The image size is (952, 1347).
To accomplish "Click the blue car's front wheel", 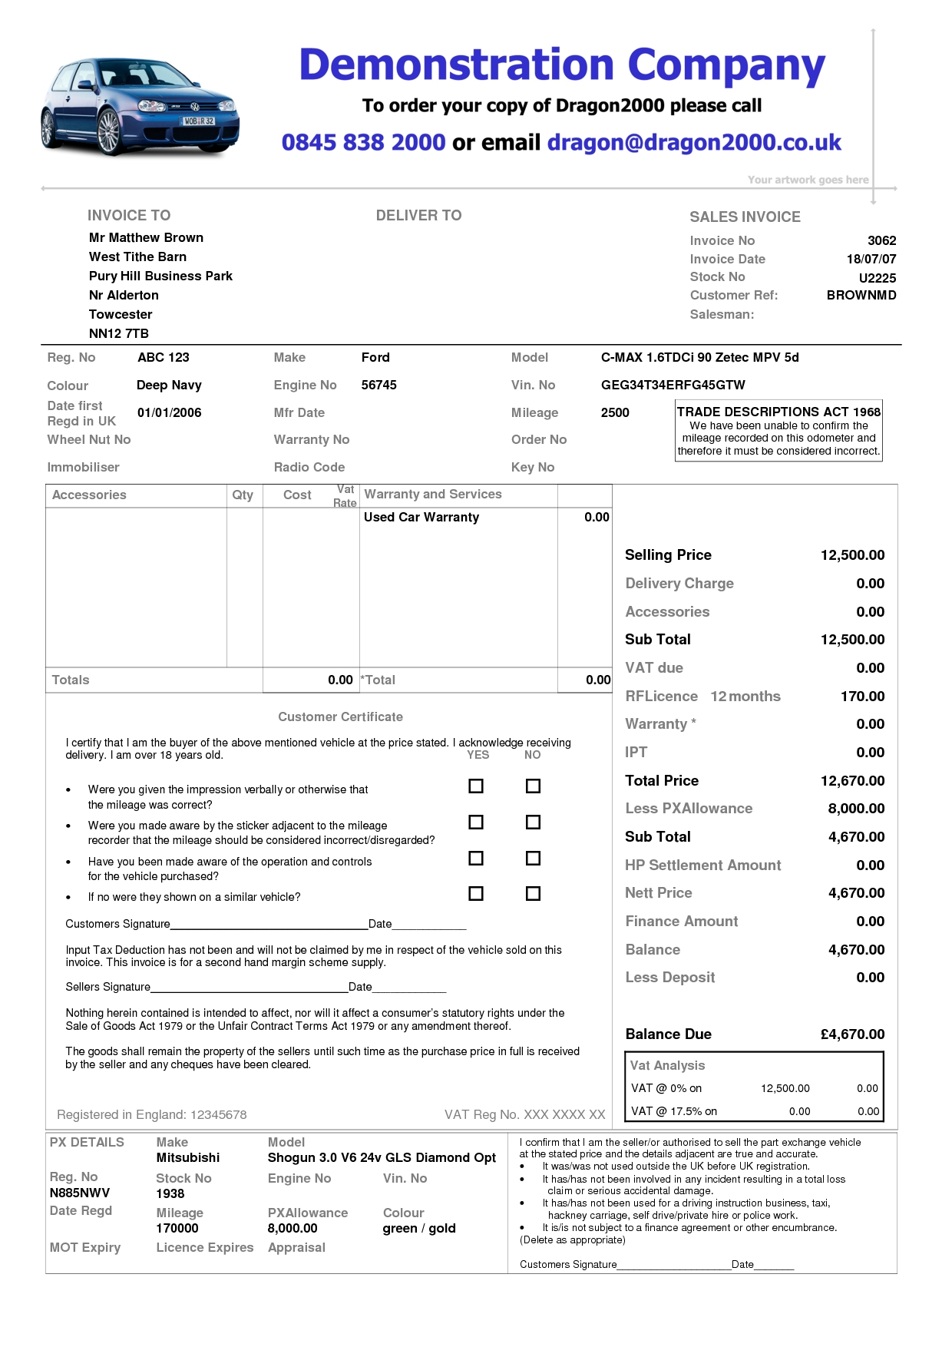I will point(108,131).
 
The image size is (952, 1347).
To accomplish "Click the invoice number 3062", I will point(881,240).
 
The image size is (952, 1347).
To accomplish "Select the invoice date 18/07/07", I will point(871,259).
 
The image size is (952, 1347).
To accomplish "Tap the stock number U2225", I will point(877,278).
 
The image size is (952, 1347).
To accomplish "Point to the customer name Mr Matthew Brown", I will point(146,237).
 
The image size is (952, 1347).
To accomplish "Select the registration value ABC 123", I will point(163,357).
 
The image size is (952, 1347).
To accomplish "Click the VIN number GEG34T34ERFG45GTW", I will point(673,385).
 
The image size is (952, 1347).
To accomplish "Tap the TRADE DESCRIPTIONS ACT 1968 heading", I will point(778,412).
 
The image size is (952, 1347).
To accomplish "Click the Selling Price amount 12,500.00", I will point(852,554).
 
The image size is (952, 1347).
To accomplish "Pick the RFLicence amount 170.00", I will point(862,696).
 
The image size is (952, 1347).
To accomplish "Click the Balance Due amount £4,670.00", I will point(852,1034).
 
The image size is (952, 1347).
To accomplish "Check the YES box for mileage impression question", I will point(476,786).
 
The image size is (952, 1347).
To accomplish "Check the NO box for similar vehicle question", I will point(533,893).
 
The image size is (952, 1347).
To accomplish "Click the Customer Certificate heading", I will point(340,717).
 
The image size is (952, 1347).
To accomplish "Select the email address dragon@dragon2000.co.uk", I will point(693,142).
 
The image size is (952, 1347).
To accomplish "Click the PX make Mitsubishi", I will point(187,1157).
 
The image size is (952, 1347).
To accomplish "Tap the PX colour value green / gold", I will point(419,1228).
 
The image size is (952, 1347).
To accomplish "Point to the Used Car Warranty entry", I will point(421,517).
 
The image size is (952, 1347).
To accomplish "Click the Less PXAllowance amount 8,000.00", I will point(856,808).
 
